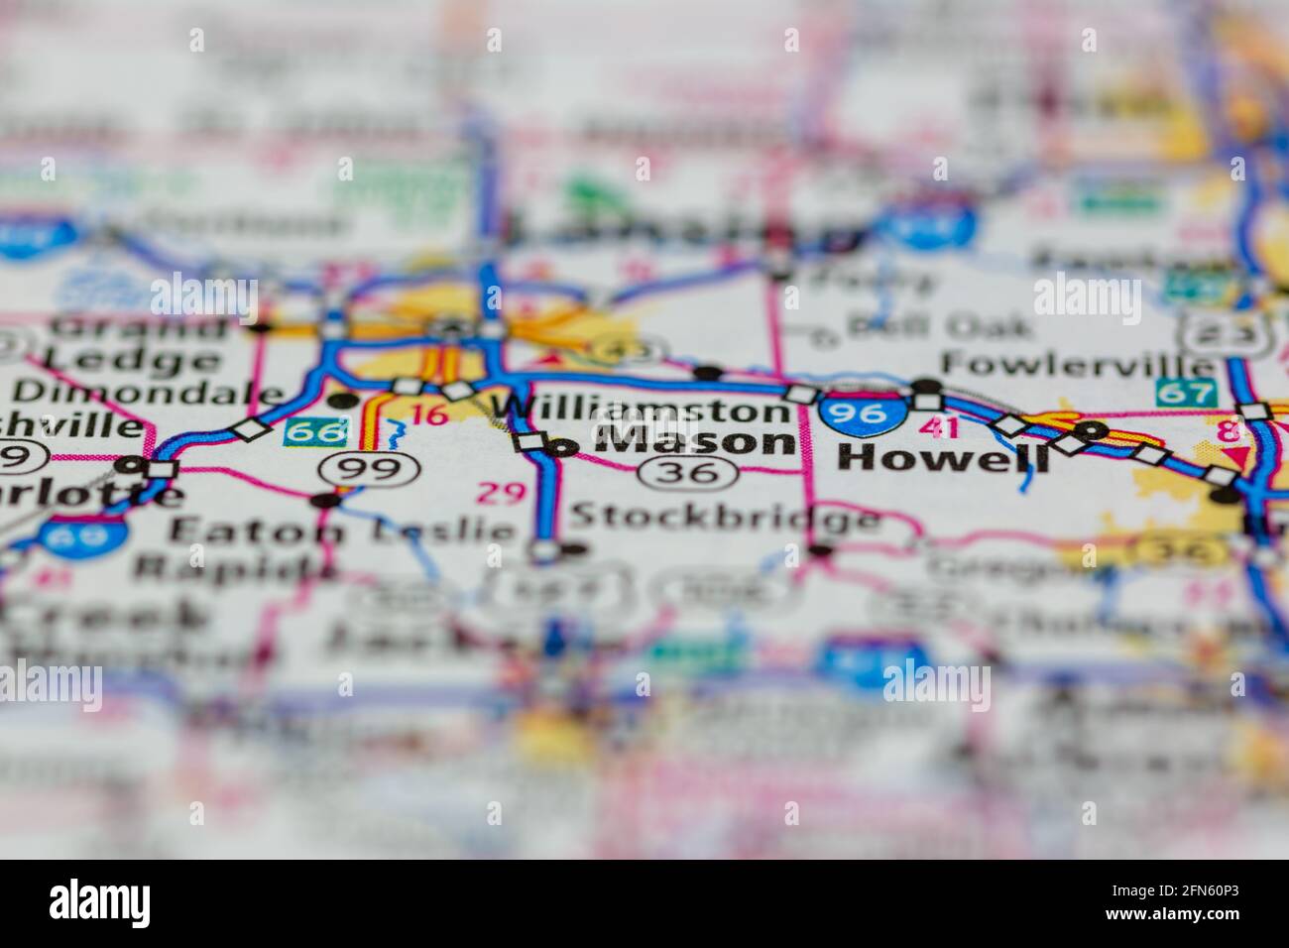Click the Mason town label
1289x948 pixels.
pyautogui.click(x=698, y=441)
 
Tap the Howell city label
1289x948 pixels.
pyautogui.click(x=943, y=457)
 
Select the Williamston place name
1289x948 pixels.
pyautogui.click(x=641, y=409)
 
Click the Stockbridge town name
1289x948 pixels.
pyautogui.click(x=725, y=517)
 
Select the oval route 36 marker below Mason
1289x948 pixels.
pyautogui.click(x=692, y=473)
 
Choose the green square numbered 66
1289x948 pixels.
pyautogui.click(x=304, y=431)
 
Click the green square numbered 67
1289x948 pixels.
pyautogui.click(x=1185, y=392)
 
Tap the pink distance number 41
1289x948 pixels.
pyautogui.click(x=938, y=427)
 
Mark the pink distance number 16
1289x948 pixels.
pyautogui.click(x=428, y=415)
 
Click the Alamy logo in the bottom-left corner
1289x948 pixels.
pyautogui.click(x=100, y=902)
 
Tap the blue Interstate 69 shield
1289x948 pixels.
pyautogui.click(x=83, y=536)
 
